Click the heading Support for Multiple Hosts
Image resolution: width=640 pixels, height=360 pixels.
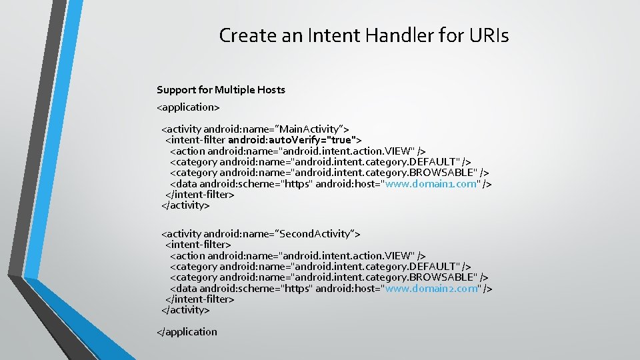coord(221,89)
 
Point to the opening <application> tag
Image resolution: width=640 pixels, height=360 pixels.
coord(188,106)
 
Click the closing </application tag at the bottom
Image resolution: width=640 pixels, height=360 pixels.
coord(187,331)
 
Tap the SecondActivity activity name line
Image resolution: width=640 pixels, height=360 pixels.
coord(261,233)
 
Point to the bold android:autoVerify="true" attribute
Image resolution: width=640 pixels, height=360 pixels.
coord(295,140)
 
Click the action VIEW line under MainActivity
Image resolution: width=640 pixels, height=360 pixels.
coord(297,151)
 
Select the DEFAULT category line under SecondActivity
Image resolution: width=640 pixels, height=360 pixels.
coord(320,267)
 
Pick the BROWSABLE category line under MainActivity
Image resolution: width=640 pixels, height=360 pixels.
coord(329,173)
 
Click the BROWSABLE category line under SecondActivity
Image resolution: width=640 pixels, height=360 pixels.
coord(329,277)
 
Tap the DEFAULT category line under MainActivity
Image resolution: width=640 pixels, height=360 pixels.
coord(320,162)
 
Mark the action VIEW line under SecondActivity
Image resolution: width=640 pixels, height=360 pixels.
coord(297,255)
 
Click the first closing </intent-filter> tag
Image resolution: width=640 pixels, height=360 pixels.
coord(199,195)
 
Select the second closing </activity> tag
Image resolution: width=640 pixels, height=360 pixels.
coord(185,310)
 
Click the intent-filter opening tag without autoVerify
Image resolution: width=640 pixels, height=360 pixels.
coord(198,245)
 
